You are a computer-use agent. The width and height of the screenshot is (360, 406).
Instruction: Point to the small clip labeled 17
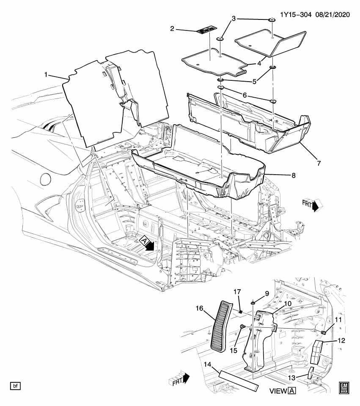240,313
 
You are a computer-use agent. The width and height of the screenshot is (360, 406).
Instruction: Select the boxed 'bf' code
15,386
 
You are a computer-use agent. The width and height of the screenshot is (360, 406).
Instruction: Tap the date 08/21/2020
333,15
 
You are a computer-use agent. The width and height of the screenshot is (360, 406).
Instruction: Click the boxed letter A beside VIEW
292,391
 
